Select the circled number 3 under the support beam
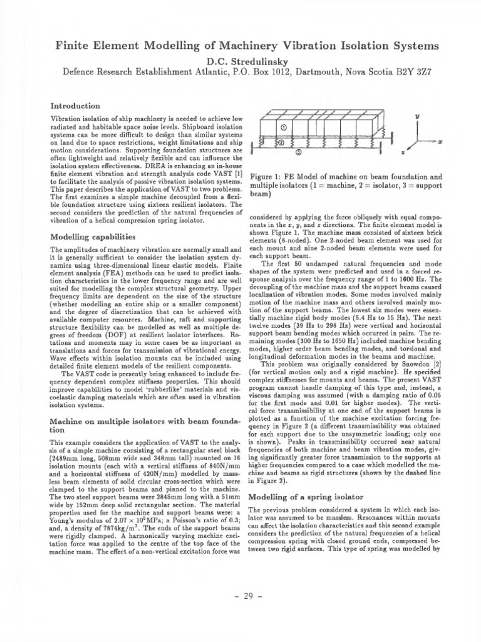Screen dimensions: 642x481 tap(299, 152)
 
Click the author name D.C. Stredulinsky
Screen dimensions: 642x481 tap(240, 60)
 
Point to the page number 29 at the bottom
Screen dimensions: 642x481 tap(240, 596)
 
